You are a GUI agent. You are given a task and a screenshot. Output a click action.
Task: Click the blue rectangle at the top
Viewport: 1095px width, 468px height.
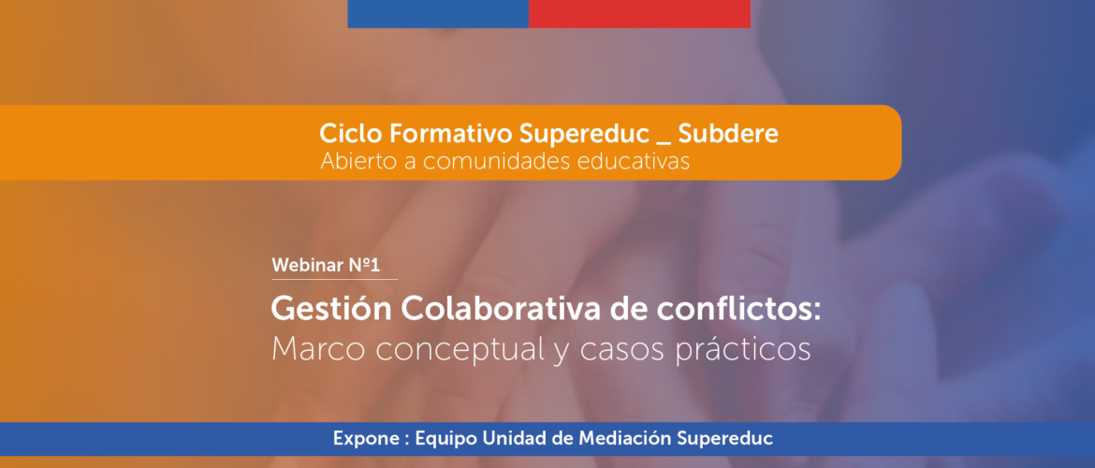coord(438,14)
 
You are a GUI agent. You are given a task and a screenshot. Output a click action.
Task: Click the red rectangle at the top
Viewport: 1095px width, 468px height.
coord(639,14)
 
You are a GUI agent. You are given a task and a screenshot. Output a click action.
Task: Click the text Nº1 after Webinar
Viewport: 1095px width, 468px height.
coord(364,266)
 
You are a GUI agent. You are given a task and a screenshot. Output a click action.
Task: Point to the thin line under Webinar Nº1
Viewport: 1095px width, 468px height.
coord(334,280)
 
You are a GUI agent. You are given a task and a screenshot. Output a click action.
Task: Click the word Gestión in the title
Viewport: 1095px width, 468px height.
coord(321,310)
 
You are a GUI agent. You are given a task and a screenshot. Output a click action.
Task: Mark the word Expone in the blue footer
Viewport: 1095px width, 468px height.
coord(361,439)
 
